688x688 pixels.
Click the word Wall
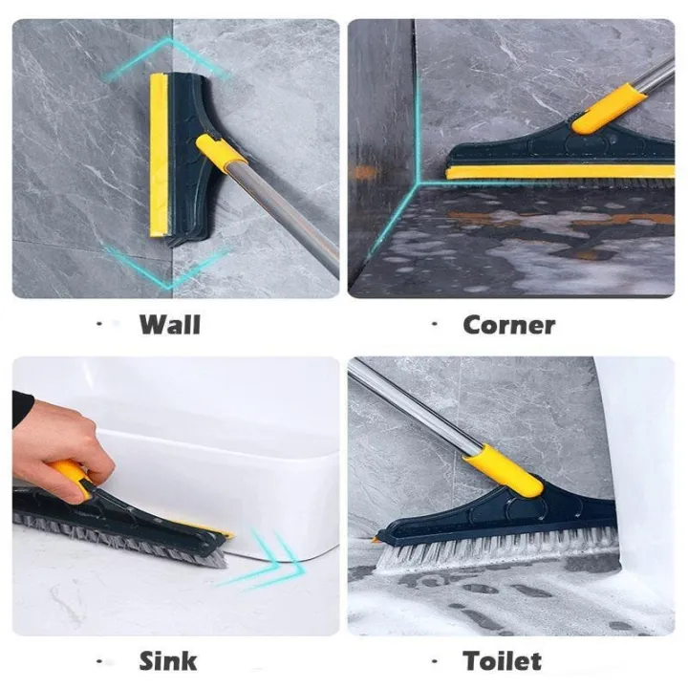(170, 324)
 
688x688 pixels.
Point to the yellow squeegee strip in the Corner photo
(554, 172)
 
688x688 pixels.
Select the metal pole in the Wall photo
(287, 216)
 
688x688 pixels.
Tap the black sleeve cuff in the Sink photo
(22, 409)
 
